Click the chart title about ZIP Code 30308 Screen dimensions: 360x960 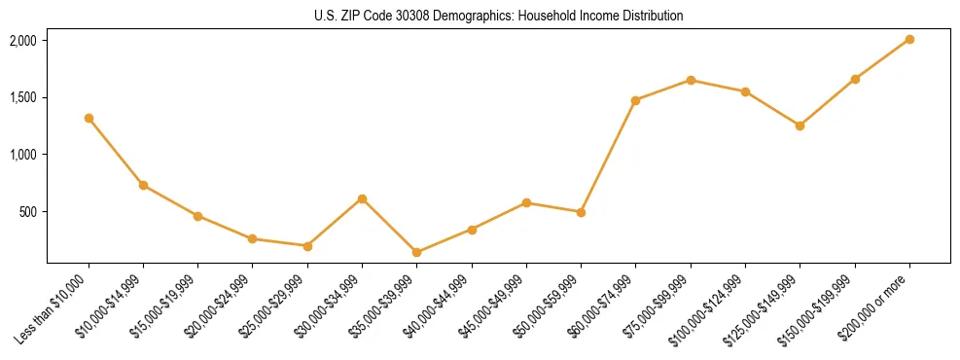(499, 17)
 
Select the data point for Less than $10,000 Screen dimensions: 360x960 (89, 118)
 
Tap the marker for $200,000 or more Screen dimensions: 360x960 (909, 39)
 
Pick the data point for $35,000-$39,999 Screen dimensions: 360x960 (416, 252)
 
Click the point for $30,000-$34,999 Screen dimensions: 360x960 (362, 198)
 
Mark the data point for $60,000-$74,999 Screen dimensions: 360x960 (635, 100)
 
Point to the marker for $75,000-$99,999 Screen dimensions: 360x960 (691, 80)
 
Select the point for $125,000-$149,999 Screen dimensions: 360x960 (800, 126)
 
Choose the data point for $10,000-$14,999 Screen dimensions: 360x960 (143, 185)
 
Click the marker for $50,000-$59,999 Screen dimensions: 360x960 (581, 212)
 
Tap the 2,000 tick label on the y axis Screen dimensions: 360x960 (22, 40)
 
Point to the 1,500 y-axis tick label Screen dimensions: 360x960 (22, 97)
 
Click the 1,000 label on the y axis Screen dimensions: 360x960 (22, 155)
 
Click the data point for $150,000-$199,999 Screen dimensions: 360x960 (855, 79)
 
